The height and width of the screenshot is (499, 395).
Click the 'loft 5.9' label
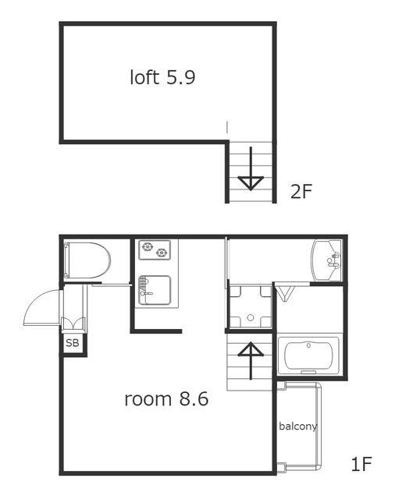point(162,77)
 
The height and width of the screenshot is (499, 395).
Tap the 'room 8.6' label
point(166,399)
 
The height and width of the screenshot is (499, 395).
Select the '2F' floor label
point(301,191)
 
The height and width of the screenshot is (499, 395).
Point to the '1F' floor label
point(361,464)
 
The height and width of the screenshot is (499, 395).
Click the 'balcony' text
point(298,426)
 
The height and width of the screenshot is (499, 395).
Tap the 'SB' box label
point(73,343)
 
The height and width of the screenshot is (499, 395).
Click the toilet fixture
point(87,260)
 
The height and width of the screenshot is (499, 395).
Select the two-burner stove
point(155,249)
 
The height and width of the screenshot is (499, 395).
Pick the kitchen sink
point(155,290)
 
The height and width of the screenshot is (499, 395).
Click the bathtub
point(308,356)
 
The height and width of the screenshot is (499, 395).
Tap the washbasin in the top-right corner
point(326,260)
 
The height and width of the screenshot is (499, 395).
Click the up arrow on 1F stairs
point(251,361)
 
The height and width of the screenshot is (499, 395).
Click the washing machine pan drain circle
point(251,317)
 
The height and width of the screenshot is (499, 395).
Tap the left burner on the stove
point(148,246)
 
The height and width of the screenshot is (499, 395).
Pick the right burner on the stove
point(162,253)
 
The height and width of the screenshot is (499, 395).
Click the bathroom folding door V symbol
point(285,293)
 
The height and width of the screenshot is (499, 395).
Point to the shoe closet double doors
point(73,324)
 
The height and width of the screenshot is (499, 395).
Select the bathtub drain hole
point(308,345)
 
